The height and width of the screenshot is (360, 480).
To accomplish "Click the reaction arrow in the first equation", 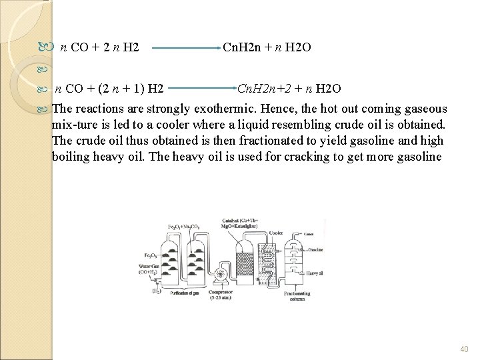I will coord(184,49).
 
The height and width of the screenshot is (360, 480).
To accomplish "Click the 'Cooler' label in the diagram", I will coord(275,233).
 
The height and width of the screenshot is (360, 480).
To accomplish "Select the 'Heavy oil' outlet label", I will coord(315,273).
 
